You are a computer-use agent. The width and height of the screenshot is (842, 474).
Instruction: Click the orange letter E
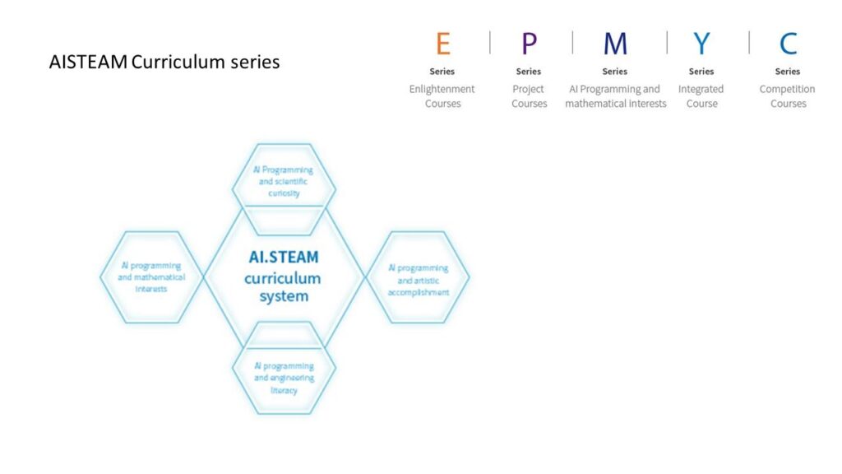443,44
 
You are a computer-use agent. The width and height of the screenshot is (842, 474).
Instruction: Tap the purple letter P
529,44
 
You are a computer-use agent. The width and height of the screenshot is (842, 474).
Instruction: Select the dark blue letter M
615,44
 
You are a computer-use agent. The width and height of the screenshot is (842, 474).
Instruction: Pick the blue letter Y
701,44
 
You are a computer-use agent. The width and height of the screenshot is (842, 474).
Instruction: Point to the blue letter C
788,44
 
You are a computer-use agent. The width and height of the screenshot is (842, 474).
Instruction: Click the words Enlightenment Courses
442,96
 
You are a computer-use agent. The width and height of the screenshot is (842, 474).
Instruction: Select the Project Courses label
529,96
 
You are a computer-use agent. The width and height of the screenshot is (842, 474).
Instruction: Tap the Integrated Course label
701,96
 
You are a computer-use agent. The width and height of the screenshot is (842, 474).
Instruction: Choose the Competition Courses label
787,96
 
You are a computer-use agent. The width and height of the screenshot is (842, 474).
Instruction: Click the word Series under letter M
615,72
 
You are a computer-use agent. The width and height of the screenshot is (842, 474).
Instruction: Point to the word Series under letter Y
701,72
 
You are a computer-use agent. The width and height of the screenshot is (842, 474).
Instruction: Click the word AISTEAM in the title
88,62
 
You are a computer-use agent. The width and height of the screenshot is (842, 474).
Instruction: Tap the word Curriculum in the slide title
178,62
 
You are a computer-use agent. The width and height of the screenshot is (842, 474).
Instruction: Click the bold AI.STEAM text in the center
284,258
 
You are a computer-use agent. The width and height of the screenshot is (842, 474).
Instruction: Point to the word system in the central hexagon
284,296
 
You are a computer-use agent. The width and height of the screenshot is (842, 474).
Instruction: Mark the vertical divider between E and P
490,43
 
